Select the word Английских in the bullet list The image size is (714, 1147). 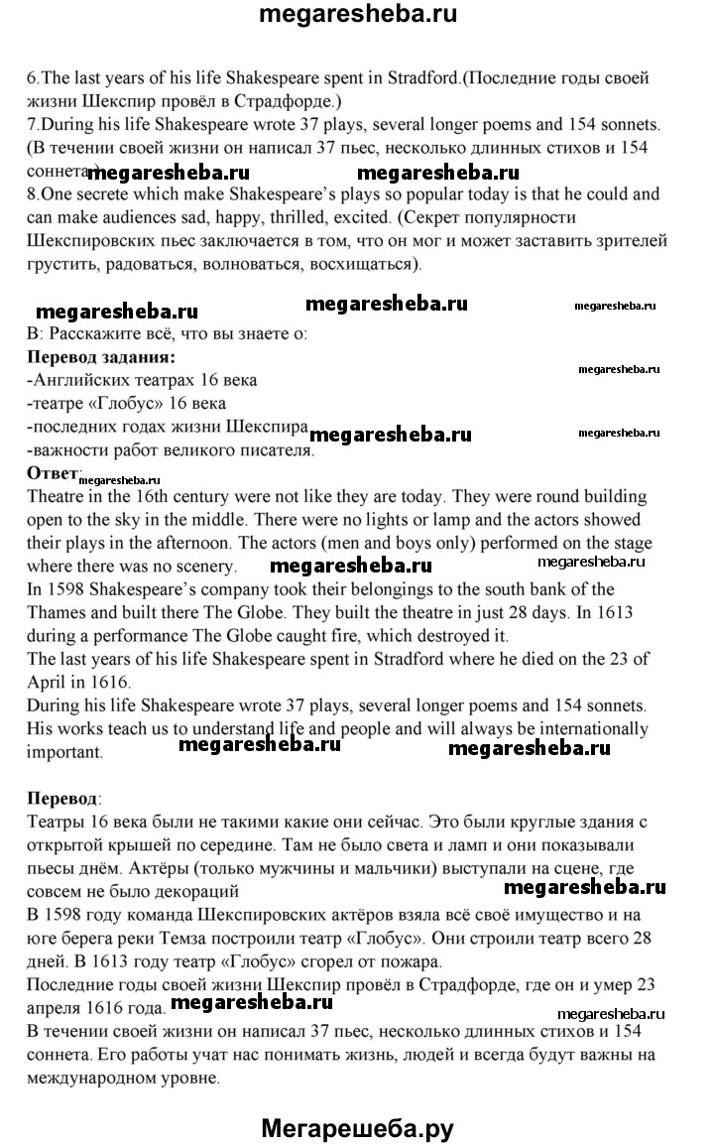tap(78, 380)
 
